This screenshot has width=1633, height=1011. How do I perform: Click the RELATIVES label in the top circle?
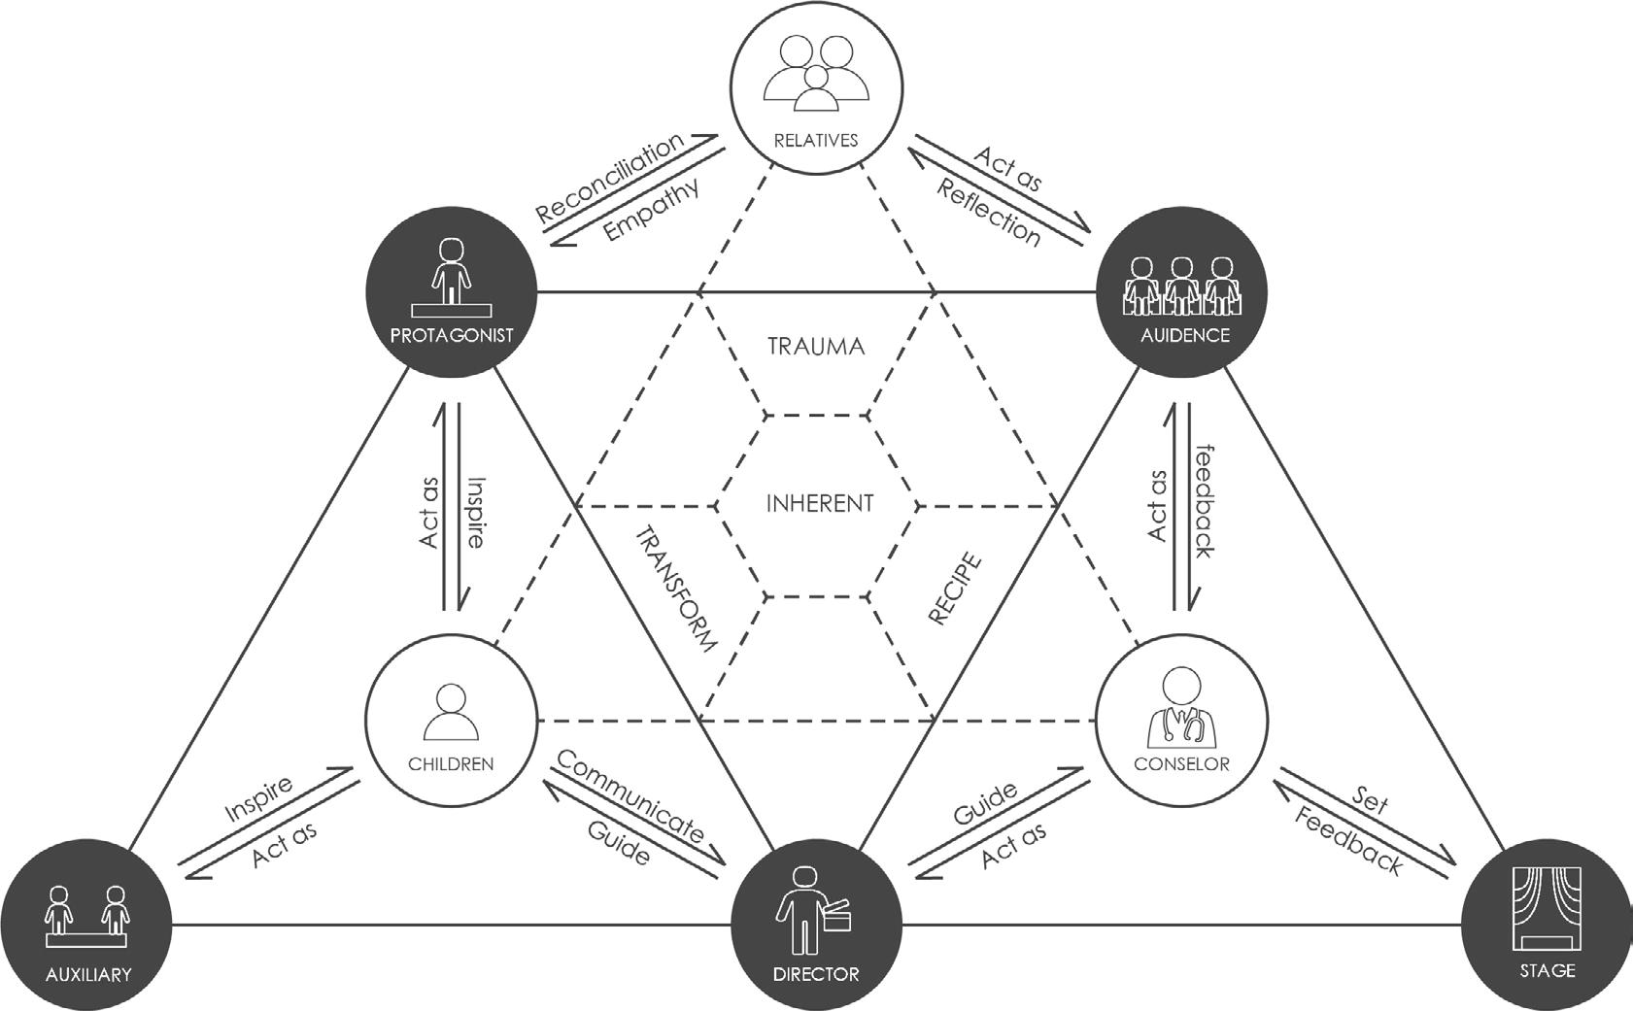tap(815, 140)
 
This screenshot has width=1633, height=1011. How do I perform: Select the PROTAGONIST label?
tap(451, 336)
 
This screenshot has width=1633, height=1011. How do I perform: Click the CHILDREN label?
tap(451, 763)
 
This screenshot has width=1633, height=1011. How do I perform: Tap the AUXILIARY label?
tap(87, 974)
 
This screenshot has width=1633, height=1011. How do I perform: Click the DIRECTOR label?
tap(816, 974)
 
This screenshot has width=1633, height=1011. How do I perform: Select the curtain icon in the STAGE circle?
tap(1548, 909)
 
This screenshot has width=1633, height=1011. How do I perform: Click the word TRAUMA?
tap(816, 347)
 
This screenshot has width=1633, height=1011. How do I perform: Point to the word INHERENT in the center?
tap(819, 504)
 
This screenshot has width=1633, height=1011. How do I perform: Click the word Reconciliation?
tap(610, 181)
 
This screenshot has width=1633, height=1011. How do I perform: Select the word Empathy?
tap(651, 212)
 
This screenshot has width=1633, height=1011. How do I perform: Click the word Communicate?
tap(630, 796)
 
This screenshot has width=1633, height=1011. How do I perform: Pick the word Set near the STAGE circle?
tap(1370, 799)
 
